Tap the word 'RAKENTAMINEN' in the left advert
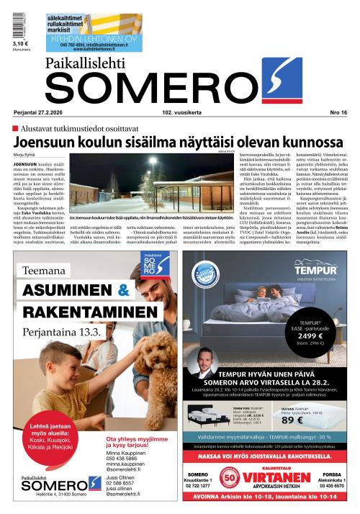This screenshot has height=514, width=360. click(89, 311)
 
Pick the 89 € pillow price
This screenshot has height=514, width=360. click(310, 420)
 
